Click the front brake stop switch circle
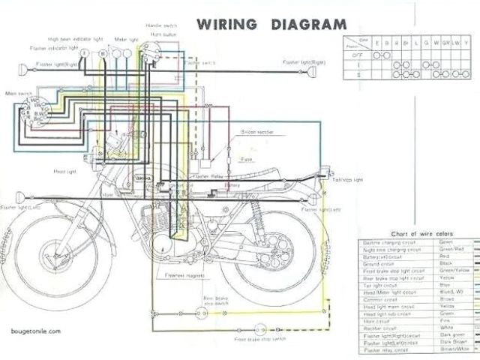click(x=261, y=328)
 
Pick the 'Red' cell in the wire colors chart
click(x=445, y=256)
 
